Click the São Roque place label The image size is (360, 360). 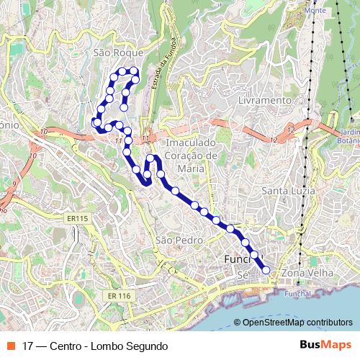pos(120,53)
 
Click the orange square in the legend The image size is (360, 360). pos(10,346)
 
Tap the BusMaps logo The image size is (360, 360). pos(325,345)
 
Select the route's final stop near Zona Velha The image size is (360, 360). pos(266,270)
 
